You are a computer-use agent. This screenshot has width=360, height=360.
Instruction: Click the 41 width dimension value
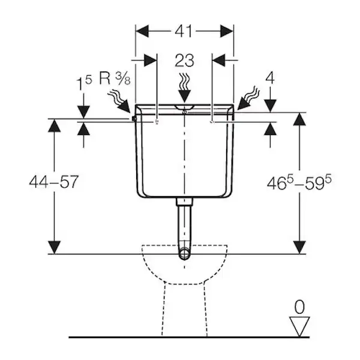(183, 31)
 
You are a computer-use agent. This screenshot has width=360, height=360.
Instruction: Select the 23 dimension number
(184, 61)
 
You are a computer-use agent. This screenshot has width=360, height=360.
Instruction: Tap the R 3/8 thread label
(115, 78)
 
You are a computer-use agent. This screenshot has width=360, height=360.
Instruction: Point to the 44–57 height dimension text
(54, 182)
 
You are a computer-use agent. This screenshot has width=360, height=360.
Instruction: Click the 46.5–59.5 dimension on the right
(299, 183)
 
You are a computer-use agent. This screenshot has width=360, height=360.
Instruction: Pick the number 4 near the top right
(270, 78)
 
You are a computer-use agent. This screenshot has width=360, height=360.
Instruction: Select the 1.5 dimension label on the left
(83, 83)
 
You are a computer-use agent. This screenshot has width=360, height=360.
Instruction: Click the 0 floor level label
(299, 307)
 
